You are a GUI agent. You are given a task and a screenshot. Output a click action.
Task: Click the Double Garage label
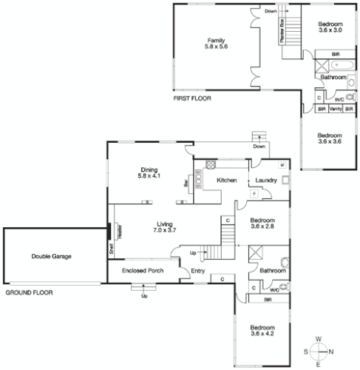tap(47, 257)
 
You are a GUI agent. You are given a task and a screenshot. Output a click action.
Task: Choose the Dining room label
tap(149, 173)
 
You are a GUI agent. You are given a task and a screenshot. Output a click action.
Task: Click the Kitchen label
tap(225, 181)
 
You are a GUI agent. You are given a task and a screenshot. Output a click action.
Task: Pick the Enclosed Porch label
tap(138, 271)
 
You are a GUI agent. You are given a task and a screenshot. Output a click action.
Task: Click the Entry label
tap(198, 271)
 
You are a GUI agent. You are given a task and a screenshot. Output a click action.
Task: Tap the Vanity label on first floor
tap(334, 109)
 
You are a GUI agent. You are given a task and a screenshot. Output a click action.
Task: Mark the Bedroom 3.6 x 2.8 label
tap(262, 223)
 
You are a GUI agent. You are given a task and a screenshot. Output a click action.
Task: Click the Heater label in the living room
tap(117, 230)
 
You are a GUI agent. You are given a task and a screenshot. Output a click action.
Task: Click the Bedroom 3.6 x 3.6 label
tap(330, 138)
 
